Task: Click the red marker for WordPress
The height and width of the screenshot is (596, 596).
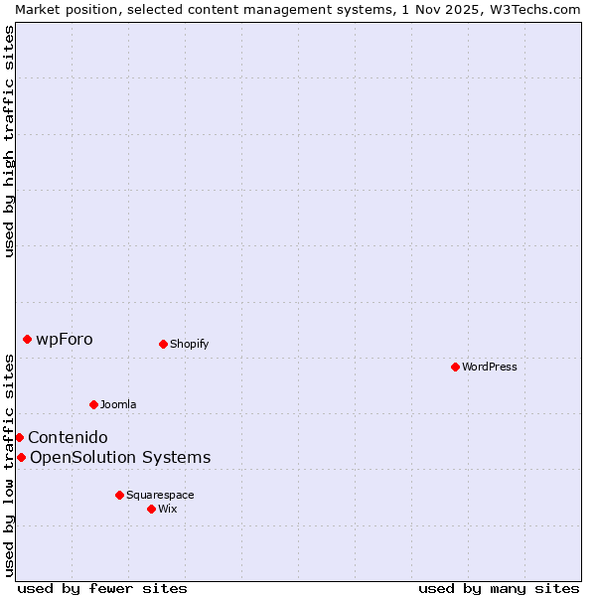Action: [455, 367]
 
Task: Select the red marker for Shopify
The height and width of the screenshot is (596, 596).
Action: [163, 344]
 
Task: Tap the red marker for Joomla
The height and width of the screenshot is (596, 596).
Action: [93, 404]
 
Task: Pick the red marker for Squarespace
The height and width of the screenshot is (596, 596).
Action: [119, 495]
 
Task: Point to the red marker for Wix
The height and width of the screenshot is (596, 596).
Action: [151, 509]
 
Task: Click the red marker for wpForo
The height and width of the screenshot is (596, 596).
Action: [27, 339]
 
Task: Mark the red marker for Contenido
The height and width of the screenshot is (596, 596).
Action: [19, 437]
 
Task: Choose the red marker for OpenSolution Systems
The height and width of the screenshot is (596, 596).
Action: [21, 457]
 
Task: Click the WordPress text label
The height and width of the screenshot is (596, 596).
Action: [490, 367]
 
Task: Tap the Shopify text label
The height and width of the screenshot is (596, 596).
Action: [189, 345]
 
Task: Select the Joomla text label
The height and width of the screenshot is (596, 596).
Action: [118, 404]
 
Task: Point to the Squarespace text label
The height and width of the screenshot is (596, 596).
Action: [160, 495]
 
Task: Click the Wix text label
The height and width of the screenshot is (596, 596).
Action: [168, 509]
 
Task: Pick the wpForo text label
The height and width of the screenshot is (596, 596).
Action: [65, 340]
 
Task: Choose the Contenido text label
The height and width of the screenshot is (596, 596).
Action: [68, 437]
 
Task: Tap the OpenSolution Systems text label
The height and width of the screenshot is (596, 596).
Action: [120, 457]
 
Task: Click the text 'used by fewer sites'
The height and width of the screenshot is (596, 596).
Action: [102, 588]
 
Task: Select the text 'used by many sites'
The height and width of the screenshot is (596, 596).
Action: [499, 588]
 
